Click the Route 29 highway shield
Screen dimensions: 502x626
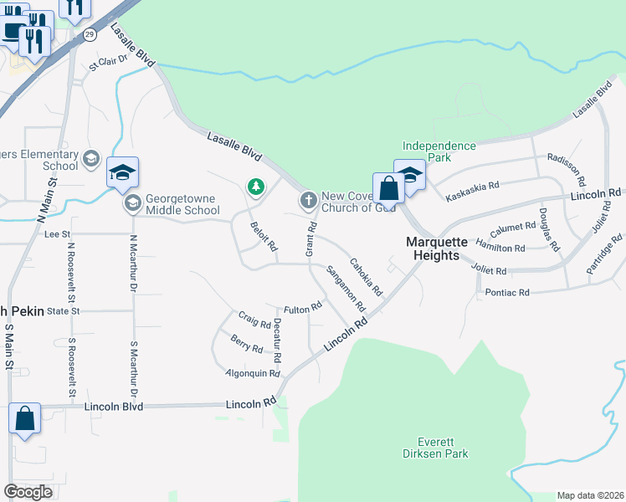click(x=89, y=33)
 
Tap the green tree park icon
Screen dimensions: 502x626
click(x=255, y=187)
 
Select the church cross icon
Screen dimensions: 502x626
click(x=308, y=200)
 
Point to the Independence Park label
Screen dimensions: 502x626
click(x=439, y=151)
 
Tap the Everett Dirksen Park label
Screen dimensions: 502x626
click(x=443, y=448)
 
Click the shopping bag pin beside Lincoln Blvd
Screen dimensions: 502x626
click(x=24, y=419)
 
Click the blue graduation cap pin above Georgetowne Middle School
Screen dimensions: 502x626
click(x=122, y=173)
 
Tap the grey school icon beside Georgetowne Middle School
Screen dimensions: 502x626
click(x=132, y=203)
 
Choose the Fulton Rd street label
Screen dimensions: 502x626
click(x=303, y=309)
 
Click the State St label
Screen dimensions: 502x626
click(x=63, y=310)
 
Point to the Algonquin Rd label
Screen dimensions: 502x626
click(x=252, y=372)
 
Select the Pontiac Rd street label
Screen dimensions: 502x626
click(x=507, y=293)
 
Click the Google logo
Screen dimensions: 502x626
click(x=28, y=492)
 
